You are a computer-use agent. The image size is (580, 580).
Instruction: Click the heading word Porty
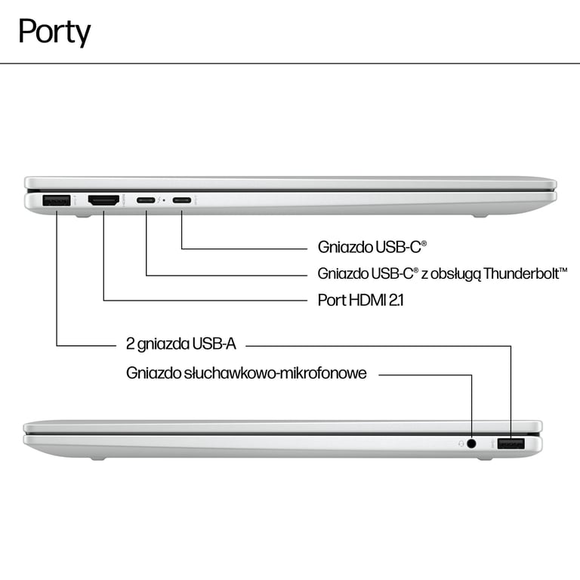(x=54, y=32)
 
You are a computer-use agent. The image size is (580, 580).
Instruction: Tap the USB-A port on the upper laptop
(x=57, y=201)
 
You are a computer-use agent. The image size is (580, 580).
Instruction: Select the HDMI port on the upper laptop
(x=103, y=201)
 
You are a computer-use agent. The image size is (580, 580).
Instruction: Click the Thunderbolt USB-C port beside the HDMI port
(x=146, y=201)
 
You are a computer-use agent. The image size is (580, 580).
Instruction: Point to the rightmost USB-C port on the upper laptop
(x=181, y=201)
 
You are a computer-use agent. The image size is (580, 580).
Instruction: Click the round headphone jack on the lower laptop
(x=472, y=444)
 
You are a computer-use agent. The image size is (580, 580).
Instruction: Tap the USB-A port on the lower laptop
(x=511, y=444)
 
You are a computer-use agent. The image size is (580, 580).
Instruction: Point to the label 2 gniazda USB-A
(x=181, y=344)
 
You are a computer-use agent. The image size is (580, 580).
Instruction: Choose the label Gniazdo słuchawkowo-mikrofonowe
(x=247, y=373)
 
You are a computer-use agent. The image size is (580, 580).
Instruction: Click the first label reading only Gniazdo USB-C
(x=372, y=247)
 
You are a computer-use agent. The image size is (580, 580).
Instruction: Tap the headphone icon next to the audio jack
(x=461, y=444)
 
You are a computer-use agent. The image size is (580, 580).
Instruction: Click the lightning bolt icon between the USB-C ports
(x=164, y=201)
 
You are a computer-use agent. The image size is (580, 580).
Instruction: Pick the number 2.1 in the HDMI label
(x=396, y=300)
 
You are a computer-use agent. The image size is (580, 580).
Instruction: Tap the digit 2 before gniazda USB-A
(x=131, y=344)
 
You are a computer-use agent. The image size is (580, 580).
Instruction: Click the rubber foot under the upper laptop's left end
(x=82, y=216)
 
